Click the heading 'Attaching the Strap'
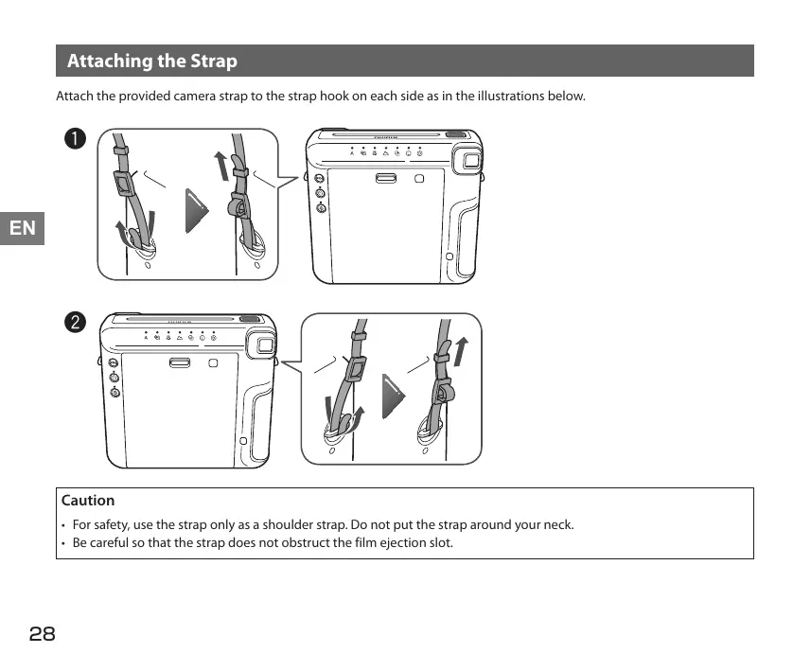(152, 62)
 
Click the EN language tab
(22, 228)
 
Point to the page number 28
(43, 634)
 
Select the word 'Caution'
(88, 501)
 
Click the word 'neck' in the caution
(558, 524)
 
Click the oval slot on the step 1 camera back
(385, 178)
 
